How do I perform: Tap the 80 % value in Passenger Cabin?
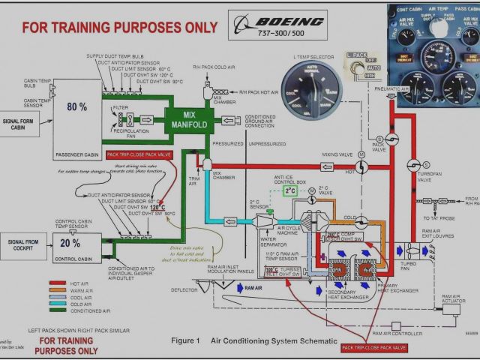pyautogui.click(x=76, y=106)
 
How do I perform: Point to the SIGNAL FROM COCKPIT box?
pyautogui.click(x=23, y=245)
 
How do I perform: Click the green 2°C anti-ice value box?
pyautogui.click(x=290, y=191)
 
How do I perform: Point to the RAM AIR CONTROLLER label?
pyautogui.click(x=397, y=332)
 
